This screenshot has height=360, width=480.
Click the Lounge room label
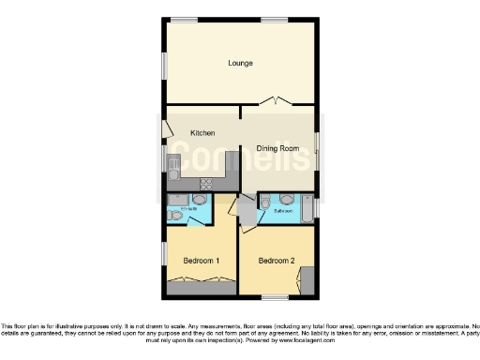click(241, 64)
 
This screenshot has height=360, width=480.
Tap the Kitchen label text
click(202, 133)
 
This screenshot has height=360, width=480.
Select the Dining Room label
click(277, 148)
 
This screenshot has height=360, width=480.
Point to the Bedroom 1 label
click(201, 260)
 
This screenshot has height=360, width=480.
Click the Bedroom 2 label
click(277, 260)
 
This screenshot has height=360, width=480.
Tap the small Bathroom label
click(282, 212)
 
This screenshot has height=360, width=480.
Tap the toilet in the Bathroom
click(265, 201)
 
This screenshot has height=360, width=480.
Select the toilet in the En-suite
click(200, 200)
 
